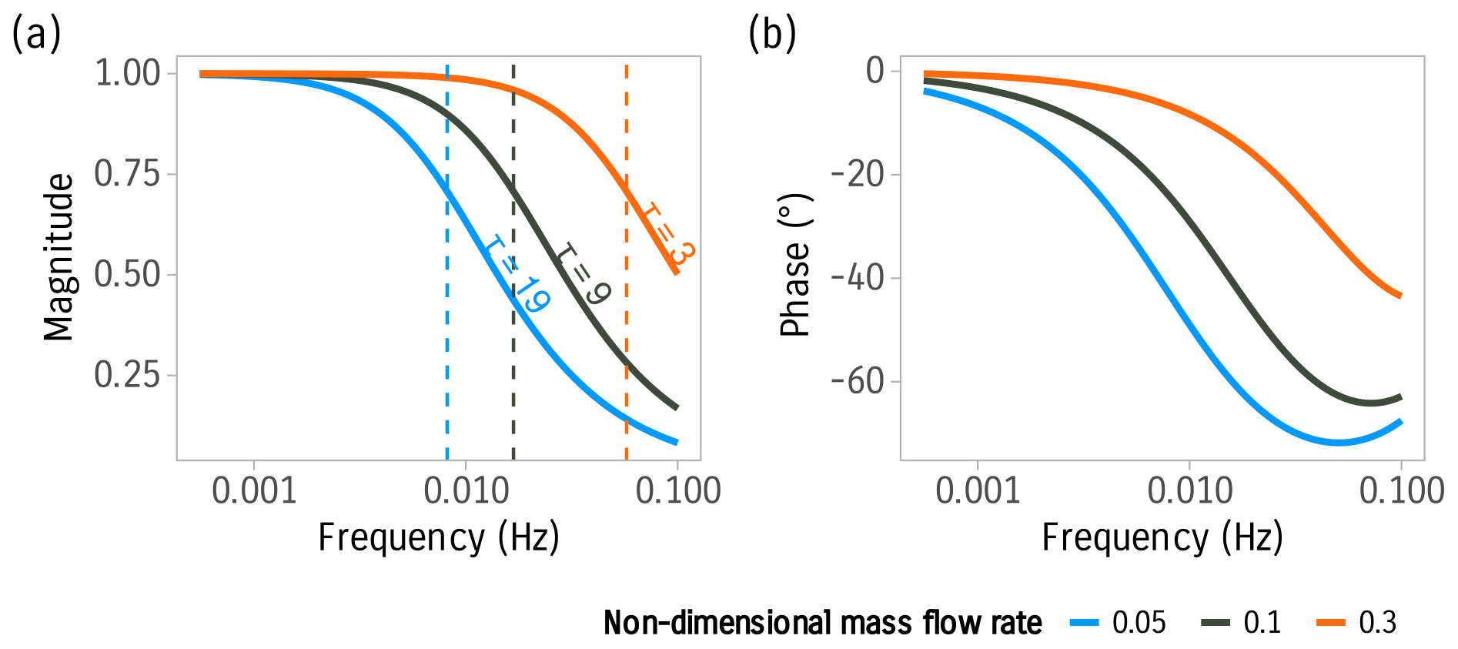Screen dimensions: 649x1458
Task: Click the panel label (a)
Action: pos(36,35)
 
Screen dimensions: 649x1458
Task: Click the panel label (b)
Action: pos(772,35)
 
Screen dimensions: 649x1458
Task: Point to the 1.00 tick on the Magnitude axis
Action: pos(127,74)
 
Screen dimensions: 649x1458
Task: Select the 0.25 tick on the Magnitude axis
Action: pos(127,375)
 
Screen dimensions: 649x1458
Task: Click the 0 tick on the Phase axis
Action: pos(876,71)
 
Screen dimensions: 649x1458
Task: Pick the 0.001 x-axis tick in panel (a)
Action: pos(254,490)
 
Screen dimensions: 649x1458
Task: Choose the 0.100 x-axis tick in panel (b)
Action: pos(1401,490)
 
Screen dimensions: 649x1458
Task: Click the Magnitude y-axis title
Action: pos(59,257)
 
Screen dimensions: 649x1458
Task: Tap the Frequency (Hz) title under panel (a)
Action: pos(438,537)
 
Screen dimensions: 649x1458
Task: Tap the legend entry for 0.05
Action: pos(1119,622)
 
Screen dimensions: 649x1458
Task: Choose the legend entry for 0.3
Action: pos(1358,622)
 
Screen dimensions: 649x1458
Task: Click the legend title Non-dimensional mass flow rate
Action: pos(822,622)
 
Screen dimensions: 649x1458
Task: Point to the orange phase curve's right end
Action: pos(1399,295)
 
